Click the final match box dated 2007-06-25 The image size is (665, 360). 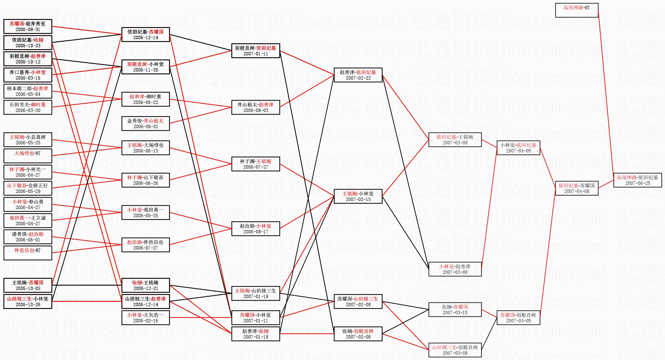click(637, 180)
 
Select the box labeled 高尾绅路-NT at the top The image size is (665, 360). click(577, 10)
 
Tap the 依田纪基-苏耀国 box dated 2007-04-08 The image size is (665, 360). click(577, 188)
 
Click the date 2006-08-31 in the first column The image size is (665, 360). click(28, 30)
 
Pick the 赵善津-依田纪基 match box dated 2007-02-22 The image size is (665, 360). click(358, 75)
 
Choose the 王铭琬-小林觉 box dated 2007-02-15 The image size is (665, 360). click(358, 196)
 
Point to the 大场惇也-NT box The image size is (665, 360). click(28, 156)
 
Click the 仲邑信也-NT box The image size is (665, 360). click(28, 253)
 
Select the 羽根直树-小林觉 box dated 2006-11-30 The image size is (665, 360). click(145, 67)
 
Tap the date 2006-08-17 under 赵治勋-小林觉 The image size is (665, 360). click(256, 232)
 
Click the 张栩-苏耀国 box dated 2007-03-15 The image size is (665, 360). click(455, 310)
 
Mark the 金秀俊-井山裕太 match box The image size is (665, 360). click(145, 124)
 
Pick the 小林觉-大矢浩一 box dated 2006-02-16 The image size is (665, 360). click(145, 318)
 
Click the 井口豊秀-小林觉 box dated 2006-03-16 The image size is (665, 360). click(28, 75)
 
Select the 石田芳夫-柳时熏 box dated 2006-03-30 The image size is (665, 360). click(28, 107)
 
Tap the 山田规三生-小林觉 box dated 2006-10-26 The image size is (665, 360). click(28, 302)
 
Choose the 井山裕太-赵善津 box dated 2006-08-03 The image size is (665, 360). click(256, 107)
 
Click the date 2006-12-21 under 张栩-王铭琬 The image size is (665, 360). click(145, 288)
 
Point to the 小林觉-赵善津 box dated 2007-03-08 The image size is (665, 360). click(455, 269)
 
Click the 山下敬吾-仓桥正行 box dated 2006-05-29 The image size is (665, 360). click(28, 188)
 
